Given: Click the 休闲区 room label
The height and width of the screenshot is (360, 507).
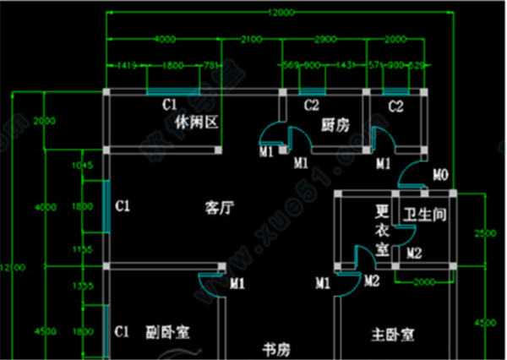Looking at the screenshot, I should point(196,122).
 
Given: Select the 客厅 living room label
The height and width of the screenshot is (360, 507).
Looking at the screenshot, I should point(219,206).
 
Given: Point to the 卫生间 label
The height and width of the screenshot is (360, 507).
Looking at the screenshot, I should point(424,215).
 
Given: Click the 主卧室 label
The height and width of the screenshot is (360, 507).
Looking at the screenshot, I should point(393,335).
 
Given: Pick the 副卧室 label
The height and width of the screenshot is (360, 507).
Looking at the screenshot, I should point(166,331).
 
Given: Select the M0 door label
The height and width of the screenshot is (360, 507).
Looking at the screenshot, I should point(439,176).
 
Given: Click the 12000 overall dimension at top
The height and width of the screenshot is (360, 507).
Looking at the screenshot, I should point(278,12).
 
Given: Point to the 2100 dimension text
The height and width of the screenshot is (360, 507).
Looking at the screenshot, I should point(252,39).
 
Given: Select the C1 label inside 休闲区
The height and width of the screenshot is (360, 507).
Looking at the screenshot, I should point(170,105).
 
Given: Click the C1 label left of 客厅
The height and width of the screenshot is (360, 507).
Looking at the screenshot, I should point(123,205).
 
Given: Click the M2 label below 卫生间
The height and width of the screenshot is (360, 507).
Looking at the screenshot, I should point(414,253).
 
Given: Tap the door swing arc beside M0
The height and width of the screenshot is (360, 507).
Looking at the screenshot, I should point(411,174).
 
